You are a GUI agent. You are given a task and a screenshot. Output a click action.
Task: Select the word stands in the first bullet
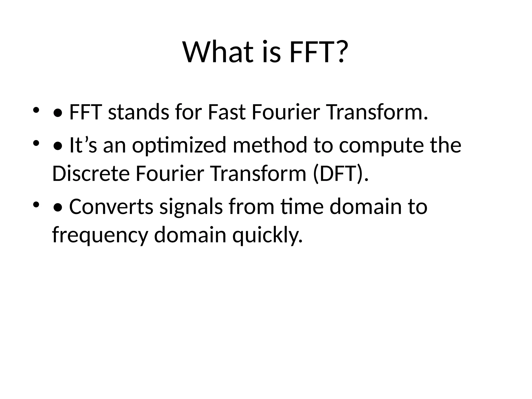[x=138, y=112]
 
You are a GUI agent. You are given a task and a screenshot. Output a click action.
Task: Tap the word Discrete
[x=91, y=174]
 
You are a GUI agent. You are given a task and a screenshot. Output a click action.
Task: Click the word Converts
[x=111, y=207]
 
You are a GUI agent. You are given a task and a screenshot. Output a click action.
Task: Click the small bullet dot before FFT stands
[x=36, y=110]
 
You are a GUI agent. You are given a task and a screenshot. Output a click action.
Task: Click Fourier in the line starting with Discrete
[x=170, y=174]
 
